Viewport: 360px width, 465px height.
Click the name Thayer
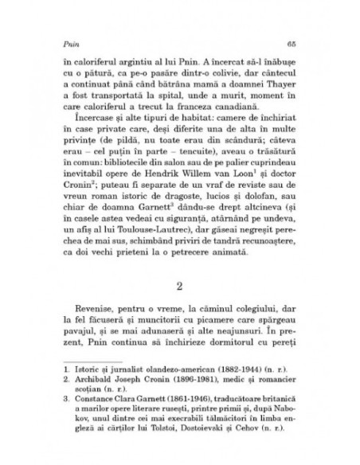pos(276,91)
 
